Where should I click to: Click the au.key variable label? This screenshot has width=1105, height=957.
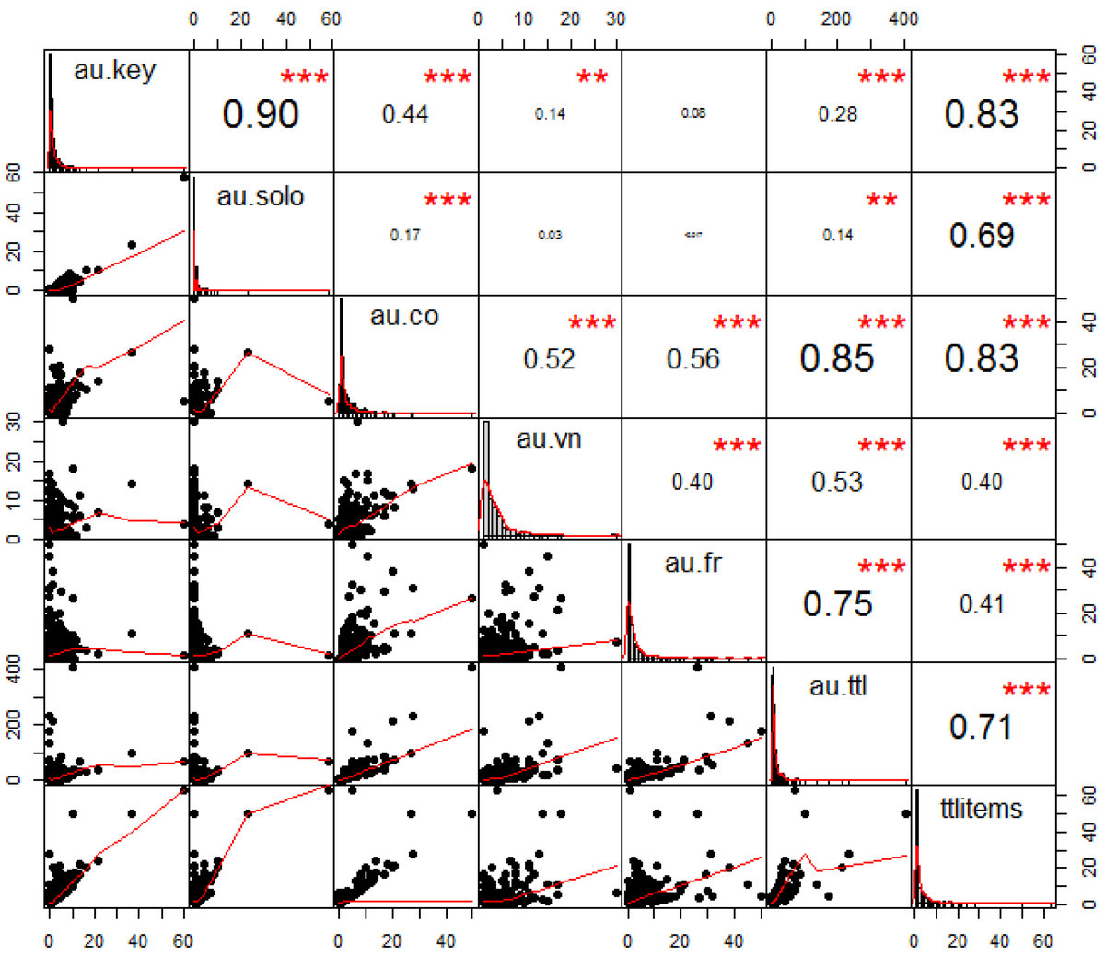(115, 70)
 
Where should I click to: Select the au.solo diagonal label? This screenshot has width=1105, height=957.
(261, 195)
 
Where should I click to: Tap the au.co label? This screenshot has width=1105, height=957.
(404, 316)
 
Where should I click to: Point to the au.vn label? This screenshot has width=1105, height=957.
(549, 438)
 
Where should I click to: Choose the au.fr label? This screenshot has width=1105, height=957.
(692, 562)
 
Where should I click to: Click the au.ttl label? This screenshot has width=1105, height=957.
(838, 685)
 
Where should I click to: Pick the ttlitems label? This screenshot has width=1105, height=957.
(982, 808)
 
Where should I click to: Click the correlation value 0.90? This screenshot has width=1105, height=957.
(261, 113)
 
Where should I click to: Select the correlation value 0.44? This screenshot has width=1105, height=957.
(405, 114)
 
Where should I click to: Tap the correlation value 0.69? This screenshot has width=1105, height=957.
(982, 235)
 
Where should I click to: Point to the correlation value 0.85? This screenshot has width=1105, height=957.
(837, 358)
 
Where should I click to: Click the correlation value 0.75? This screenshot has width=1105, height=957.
(837, 603)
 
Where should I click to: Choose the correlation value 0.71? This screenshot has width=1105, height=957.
(982, 727)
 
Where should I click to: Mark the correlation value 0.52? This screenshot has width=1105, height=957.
(549, 358)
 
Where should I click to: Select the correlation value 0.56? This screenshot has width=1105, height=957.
(692, 358)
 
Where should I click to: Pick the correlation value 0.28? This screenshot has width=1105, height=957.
(837, 114)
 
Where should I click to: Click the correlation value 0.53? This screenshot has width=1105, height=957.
(837, 482)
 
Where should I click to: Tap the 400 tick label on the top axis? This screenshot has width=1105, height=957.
(903, 18)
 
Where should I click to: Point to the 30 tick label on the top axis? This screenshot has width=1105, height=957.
(616, 18)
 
